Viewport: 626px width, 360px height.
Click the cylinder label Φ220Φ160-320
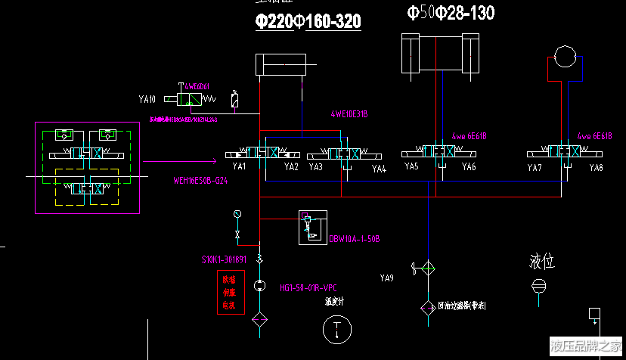(308, 22)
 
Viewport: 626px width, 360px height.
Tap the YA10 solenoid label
(147, 99)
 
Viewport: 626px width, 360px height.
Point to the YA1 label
(240, 166)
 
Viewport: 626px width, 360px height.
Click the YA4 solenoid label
(379, 169)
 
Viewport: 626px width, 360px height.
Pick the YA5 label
(411, 166)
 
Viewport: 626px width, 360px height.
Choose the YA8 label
(596, 167)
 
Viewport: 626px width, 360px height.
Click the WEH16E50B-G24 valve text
(200, 181)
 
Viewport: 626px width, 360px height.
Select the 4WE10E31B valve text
(349, 114)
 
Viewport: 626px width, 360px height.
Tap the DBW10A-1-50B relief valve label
(354, 239)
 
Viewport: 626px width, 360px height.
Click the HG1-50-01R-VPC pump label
(307, 288)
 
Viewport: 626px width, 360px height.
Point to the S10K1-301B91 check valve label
(225, 259)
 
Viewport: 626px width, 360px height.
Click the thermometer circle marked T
(333, 330)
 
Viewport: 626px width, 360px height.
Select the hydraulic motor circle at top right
(565, 57)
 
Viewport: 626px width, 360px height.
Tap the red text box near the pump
(229, 293)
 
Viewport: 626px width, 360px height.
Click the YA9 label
(386, 278)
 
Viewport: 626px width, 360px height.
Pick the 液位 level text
(542, 262)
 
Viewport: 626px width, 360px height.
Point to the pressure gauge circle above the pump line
(237, 214)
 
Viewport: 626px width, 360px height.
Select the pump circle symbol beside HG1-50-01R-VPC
(259, 286)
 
